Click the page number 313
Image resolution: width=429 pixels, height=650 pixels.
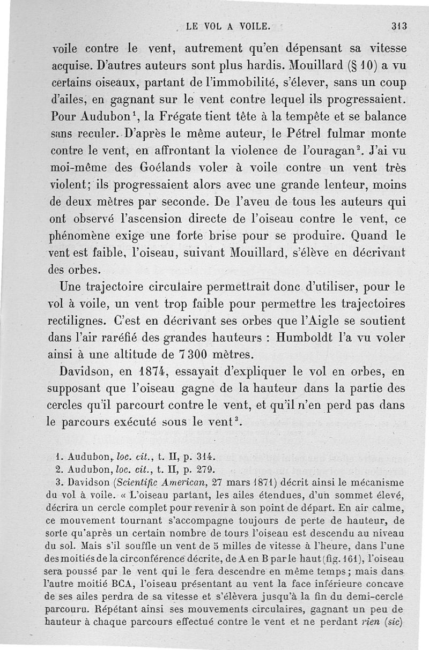pos(400,25)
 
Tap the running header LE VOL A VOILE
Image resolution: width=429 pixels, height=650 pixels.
pos(228,25)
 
